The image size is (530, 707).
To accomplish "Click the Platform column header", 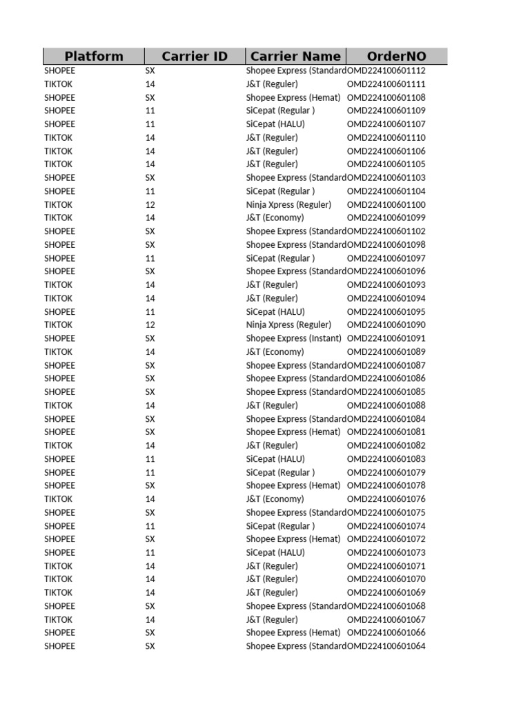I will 94,57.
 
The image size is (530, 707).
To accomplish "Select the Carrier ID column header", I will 195,57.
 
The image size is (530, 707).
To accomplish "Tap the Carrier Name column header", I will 295,57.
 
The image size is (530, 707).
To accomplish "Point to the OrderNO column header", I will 397,57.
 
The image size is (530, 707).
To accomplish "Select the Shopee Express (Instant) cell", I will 293,338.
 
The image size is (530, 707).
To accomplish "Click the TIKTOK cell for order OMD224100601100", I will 59,204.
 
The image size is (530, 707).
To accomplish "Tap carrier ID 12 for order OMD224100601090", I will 150,325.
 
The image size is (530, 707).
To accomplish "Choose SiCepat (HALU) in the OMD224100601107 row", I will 275,124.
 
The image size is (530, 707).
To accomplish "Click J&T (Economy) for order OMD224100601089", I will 275,351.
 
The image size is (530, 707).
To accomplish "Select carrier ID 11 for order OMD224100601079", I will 150,472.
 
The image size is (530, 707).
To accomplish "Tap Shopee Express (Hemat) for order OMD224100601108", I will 293,97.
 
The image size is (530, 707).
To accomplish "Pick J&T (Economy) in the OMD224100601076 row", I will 275,498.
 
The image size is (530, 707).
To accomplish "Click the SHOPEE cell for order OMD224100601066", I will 60,632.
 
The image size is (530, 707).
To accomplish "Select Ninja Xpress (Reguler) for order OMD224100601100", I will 288,204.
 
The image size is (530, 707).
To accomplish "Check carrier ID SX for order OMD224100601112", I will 150,70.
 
